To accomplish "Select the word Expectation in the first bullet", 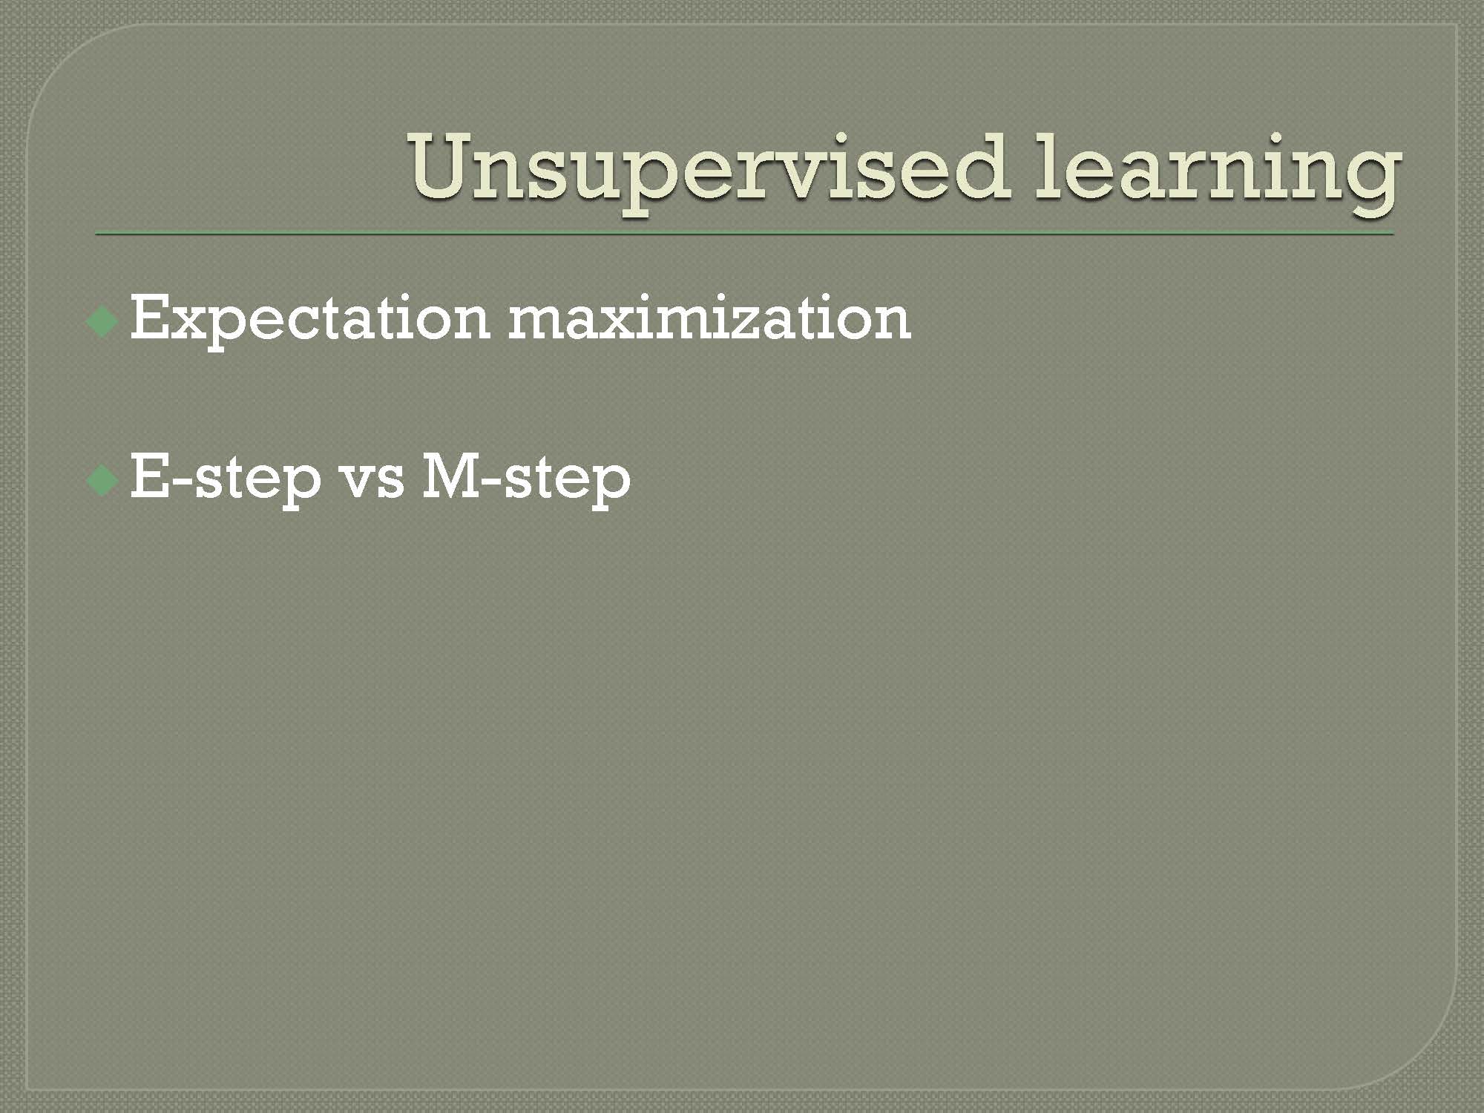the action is pos(310,321).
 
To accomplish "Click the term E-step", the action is pos(226,479).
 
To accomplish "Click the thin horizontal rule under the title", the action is pos(744,234).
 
